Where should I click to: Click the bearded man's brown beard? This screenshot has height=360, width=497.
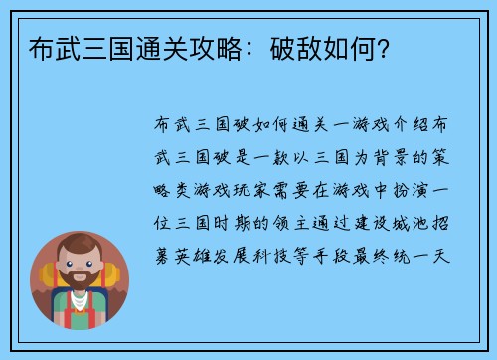click(x=80, y=289)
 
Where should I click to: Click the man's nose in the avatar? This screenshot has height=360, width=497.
click(x=80, y=272)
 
